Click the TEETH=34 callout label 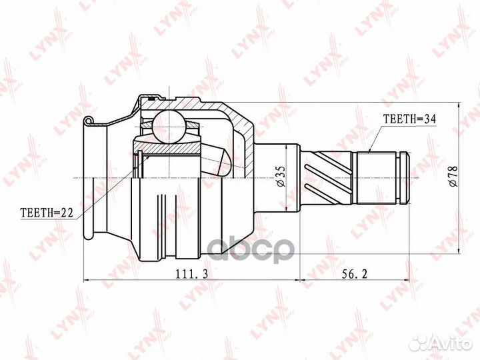click(409, 119)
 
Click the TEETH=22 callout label click(47, 213)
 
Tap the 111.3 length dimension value click(191, 274)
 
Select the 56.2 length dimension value click(354, 274)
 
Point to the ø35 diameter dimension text click(281, 177)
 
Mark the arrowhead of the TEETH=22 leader click(148, 157)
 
